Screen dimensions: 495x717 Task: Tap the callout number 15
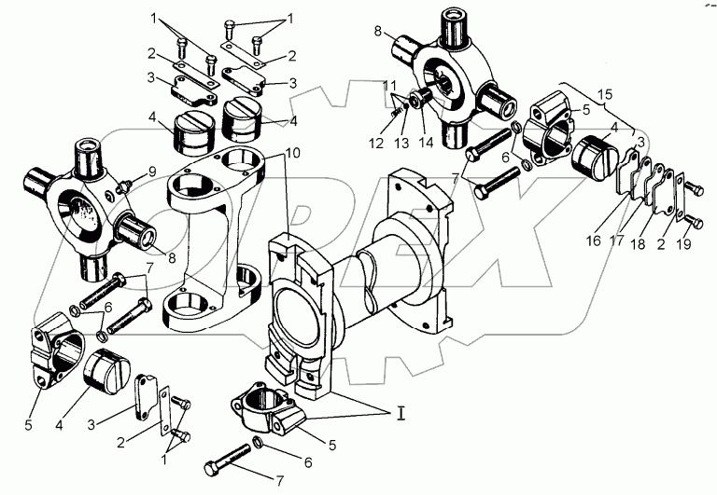(606, 95)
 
